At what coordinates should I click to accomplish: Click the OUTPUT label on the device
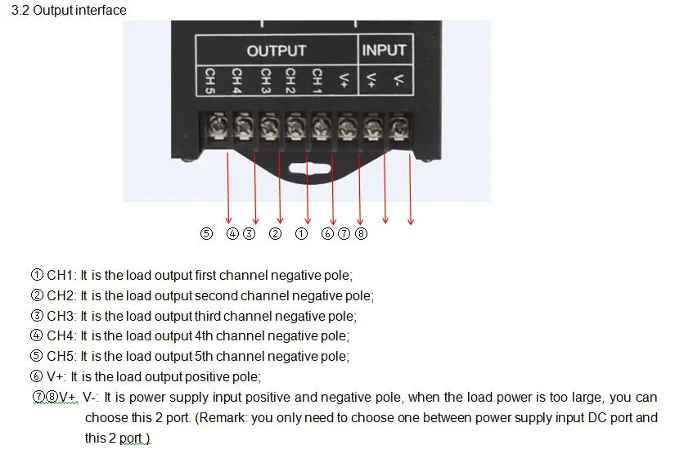click(x=277, y=51)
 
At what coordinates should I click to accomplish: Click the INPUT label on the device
click(x=384, y=50)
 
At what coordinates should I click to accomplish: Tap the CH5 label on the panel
click(x=209, y=80)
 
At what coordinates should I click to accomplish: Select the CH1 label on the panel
click(x=317, y=80)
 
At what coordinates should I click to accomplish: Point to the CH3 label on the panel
click(x=266, y=80)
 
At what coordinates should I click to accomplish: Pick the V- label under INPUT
click(x=399, y=79)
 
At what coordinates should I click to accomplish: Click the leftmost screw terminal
click(x=218, y=127)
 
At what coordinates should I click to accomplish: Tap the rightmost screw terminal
click(x=399, y=127)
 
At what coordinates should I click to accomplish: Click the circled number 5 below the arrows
click(x=207, y=233)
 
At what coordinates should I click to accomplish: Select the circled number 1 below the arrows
click(x=301, y=233)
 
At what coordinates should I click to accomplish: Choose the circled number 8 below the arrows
click(x=361, y=233)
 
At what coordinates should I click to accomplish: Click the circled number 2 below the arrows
click(x=275, y=233)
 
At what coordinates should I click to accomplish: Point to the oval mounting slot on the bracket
click(x=309, y=168)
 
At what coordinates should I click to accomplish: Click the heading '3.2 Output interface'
click(x=69, y=11)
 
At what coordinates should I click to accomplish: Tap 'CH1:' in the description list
click(x=61, y=275)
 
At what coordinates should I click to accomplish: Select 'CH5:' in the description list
click(x=61, y=356)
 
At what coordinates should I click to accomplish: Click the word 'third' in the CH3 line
click(x=209, y=316)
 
